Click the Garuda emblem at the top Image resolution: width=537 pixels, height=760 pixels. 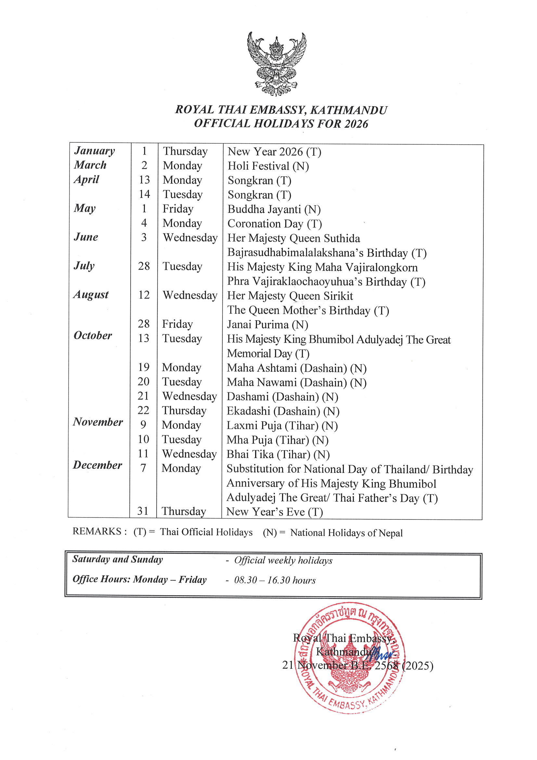276,64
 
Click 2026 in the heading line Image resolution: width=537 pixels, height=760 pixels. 356,124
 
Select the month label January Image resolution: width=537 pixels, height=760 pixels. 95,151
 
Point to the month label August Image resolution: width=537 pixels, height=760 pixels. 91,294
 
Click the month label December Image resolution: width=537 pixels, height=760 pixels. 97,465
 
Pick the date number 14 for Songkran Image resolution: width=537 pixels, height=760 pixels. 144,194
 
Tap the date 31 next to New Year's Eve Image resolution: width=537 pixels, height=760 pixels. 143,511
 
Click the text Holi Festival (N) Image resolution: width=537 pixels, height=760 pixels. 268,166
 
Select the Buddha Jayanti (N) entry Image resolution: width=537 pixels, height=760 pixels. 274,209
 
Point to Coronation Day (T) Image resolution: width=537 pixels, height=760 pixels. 275,224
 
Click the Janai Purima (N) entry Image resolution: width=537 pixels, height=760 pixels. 267,324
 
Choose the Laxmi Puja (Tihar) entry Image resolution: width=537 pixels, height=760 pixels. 282,426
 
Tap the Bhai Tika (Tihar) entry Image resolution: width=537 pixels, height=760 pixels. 278,454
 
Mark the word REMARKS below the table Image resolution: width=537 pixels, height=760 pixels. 97,531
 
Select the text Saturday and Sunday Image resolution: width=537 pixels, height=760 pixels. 118,559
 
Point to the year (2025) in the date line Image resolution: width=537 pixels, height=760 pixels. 417,666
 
